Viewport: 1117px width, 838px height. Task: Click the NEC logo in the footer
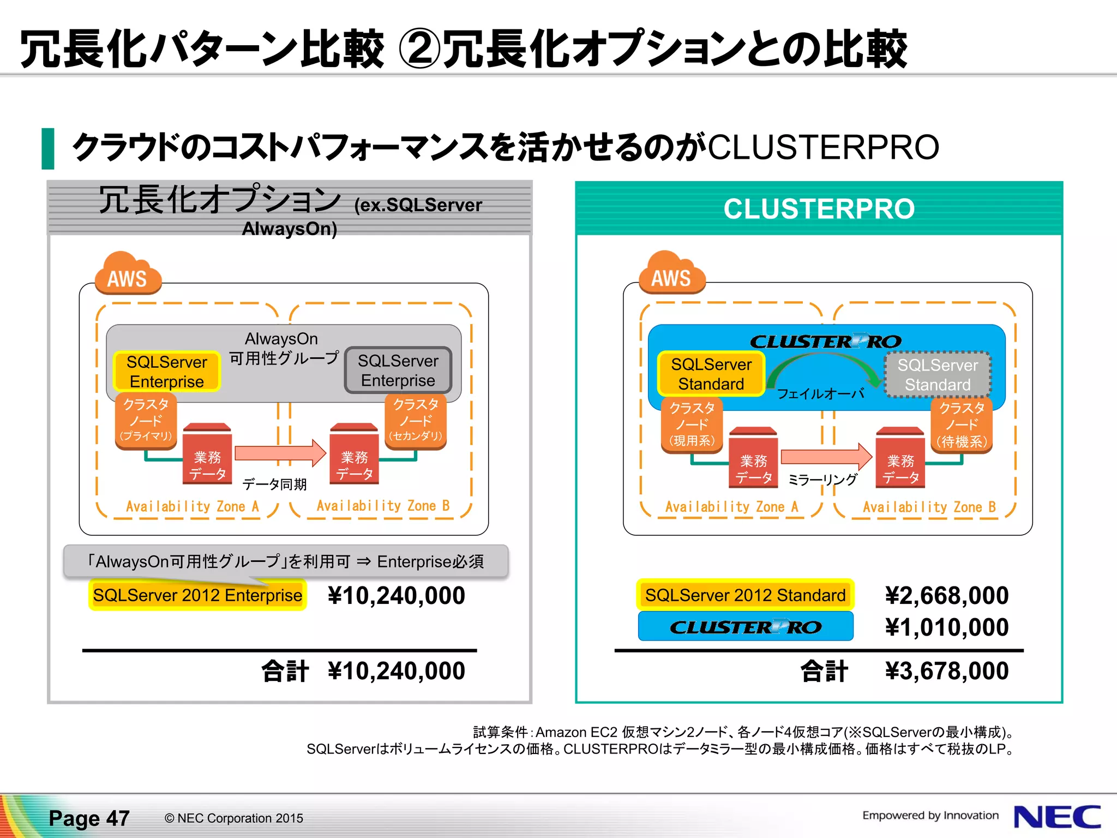(1056, 817)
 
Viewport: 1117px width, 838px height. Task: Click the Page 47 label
(89, 818)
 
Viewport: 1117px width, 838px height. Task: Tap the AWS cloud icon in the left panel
(128, 274)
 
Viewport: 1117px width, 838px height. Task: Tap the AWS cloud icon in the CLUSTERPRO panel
(671, 274)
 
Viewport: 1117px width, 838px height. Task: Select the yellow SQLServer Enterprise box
(167, 372)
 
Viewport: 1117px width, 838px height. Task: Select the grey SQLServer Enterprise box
(398, 370)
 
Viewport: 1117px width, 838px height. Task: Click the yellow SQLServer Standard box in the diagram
(711, 374)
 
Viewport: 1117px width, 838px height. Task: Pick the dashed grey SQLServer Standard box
(937, 375)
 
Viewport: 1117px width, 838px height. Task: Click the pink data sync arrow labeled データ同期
(280, 453)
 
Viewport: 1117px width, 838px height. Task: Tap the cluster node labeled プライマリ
(146, 421)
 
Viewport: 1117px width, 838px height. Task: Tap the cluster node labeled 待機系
(962, 424)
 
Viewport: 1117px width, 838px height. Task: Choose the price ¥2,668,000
(946, 595)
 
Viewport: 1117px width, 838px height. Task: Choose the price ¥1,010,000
(946, 627)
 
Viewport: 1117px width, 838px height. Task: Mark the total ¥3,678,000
(946, 671)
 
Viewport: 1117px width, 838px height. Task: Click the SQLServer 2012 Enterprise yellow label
(197, 595)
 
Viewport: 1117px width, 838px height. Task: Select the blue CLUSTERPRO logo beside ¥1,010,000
(746, 627)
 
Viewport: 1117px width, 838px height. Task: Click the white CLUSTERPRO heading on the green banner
(819, 209)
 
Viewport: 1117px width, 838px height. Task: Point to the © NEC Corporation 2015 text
(233, 818)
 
